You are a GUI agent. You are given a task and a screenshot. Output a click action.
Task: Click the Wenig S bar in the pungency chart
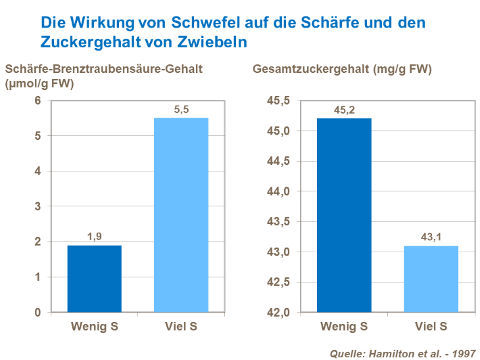pyautogui.click(x=94, y=279)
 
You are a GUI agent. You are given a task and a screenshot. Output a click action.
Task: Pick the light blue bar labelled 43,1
pyautogui.click(x=431, y=279)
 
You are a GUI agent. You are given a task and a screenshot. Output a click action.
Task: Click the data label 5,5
pyautogui.click(x=181, y=110)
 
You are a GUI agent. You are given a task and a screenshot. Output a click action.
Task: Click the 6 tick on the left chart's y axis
pyautogui.click(x=37, y=101)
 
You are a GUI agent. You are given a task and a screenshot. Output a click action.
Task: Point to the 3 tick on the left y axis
pyautogui.click(x=37, y=206)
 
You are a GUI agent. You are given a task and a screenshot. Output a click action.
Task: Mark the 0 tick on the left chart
pyautogui.click(x=37, y=312)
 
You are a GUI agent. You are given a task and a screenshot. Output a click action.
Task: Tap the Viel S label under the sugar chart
pyautogui.click(x=431, y=326)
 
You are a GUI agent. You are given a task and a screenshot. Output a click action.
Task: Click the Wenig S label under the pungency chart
pyautogui.click(x=94, y=326)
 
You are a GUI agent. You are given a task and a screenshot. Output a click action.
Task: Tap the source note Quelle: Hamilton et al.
pyautogui.click(x=402, y=353)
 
